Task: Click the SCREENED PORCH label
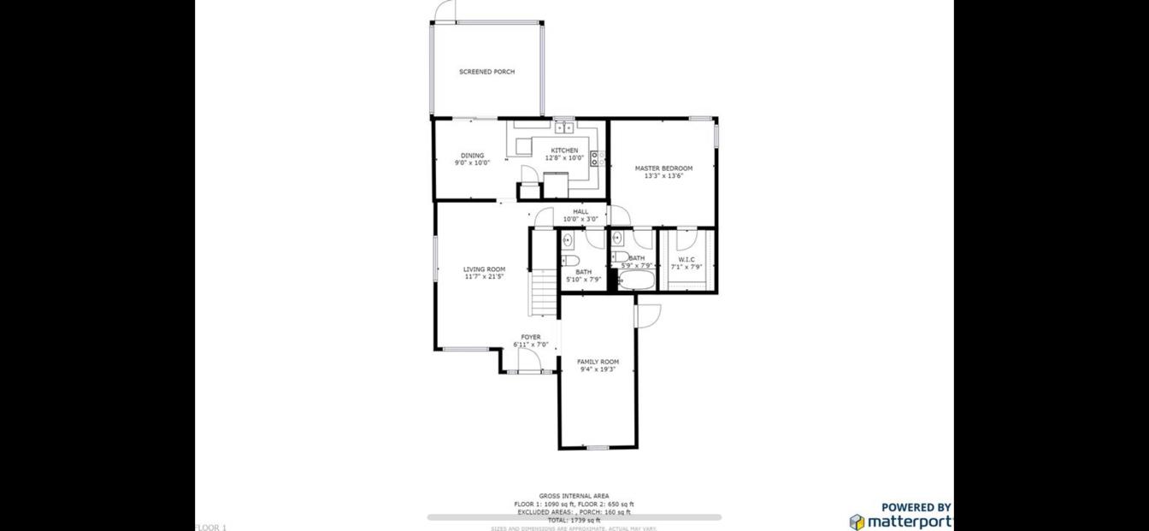pyautogui.click(x=486, y=72)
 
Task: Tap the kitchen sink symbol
pyautogui.click(x=563, y=128)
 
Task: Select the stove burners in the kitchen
pyautogui.click(x=597, y=158)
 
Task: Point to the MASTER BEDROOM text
pyautogui.click(x=663, y=168)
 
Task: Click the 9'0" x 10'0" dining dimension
pyautogui.click(x=472, y=162)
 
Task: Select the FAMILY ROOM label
pyautogui.click(x=598, y=362)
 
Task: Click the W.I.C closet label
pyautogui.click(x=686, y=259)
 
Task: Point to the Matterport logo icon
pyautogui.click(x=857, y=522)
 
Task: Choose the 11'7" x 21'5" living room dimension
pyautogui.click(x=484, y=277)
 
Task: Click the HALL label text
pyautogui.click(x=580, y=211)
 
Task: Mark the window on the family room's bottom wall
pyautogui.click(x=598, y=447)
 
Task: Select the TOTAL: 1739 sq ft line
pyautogui.click(x=574, y=520)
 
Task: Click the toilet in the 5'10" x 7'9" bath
pyautogui.click(x=571, y=260)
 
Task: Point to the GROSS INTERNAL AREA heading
pyautogui.click(x=574, y=496)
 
